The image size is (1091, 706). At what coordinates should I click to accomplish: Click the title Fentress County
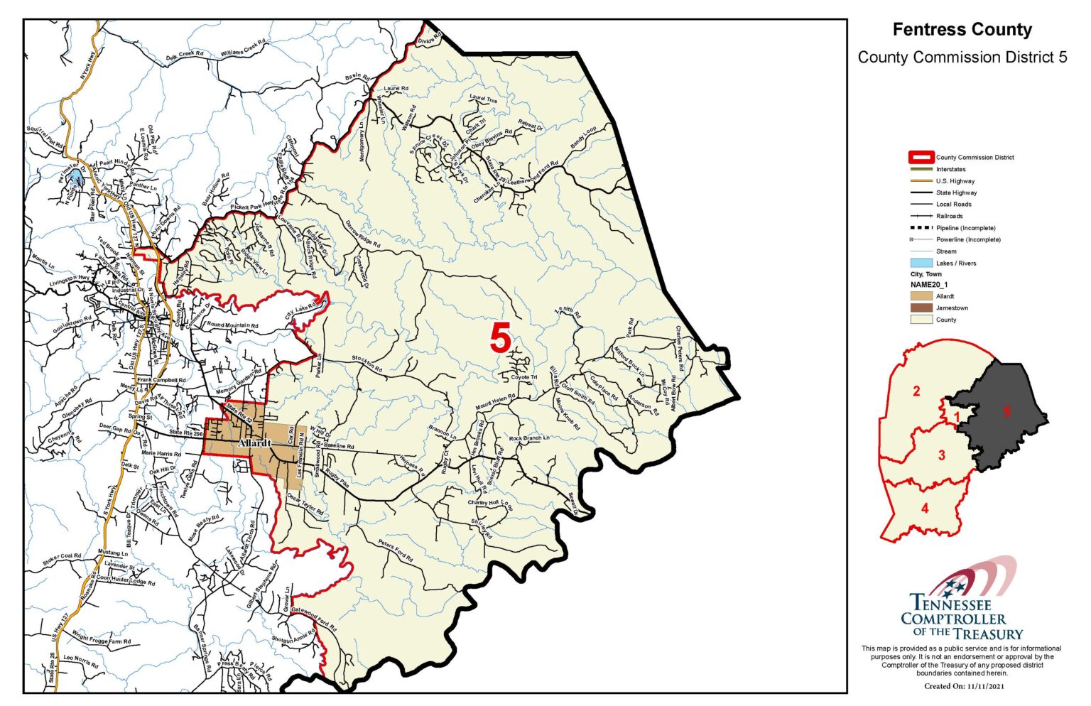[962, 30]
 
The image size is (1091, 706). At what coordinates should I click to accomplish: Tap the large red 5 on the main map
[500, 338]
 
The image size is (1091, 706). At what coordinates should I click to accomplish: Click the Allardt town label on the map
[254, 443]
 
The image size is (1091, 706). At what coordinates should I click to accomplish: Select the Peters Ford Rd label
[396, 550]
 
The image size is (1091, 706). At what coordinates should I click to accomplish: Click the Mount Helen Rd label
[495, 401]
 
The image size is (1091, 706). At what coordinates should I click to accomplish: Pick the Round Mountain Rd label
[232, 325]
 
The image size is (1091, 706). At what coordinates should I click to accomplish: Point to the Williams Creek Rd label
[242, 49]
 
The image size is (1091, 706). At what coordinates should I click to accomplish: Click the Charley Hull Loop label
[490, 504]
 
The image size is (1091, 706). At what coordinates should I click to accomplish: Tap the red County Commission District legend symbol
[921, 158]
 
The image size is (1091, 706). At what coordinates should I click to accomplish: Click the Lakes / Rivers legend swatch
[921, 263]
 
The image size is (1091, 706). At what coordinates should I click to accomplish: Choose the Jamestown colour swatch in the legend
[921, 308]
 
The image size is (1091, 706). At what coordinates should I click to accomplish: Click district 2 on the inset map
[916, 391]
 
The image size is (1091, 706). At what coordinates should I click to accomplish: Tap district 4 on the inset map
[924, 508]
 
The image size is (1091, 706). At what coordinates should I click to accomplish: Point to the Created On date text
[965, 686]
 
